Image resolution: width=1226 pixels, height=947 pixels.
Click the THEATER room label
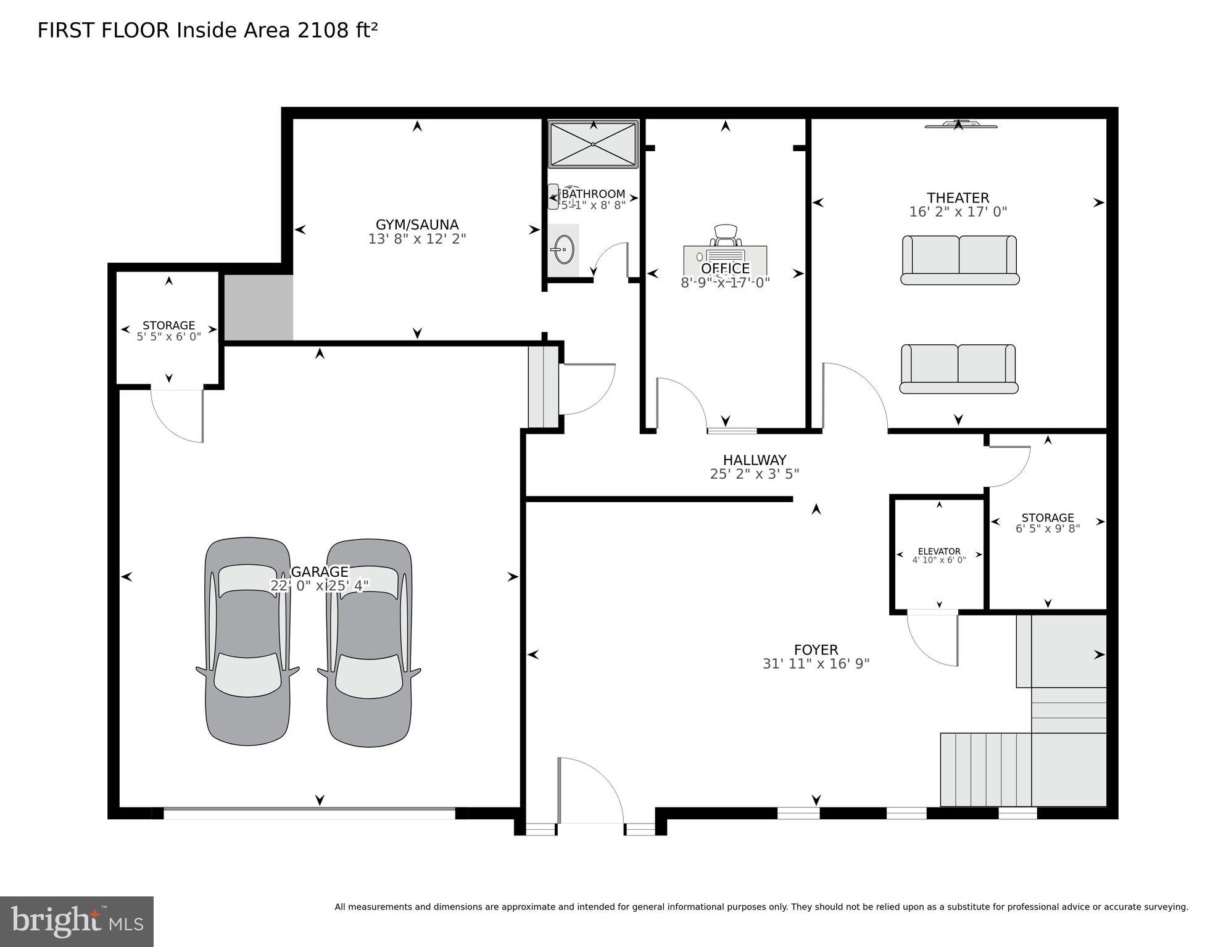click(x=958, y=198)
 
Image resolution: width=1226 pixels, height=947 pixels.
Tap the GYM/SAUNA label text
click(x=417, y=225)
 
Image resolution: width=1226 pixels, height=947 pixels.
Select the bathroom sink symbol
click(x=562, y=250)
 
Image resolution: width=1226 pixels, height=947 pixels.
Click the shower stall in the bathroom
click(x=593, y=144)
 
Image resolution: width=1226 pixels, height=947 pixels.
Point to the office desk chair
click(x=726, y=235)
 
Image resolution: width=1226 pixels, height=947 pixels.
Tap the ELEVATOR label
click(x=938, y=552)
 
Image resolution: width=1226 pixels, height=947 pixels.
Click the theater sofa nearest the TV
click(x=959, y=260)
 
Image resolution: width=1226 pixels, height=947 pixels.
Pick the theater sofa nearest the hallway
click(x=958, y=369)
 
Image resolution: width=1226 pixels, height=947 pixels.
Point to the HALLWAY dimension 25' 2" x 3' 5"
click(x=754, y=474)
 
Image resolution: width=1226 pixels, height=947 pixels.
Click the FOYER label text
click(x=816, y=650)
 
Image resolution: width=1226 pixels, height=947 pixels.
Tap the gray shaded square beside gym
click(x=258, y=307)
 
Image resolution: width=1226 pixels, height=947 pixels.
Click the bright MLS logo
click(x=77, y=922)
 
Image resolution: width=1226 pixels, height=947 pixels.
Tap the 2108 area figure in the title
click(x=323, y=30)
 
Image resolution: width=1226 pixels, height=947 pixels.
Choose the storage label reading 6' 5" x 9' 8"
click(x=1047, y=529)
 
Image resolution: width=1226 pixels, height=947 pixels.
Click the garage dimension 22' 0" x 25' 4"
click(x=319, y=585)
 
